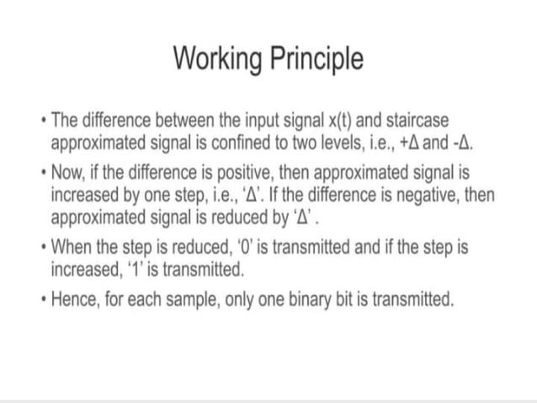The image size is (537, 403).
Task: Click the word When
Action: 72,249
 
